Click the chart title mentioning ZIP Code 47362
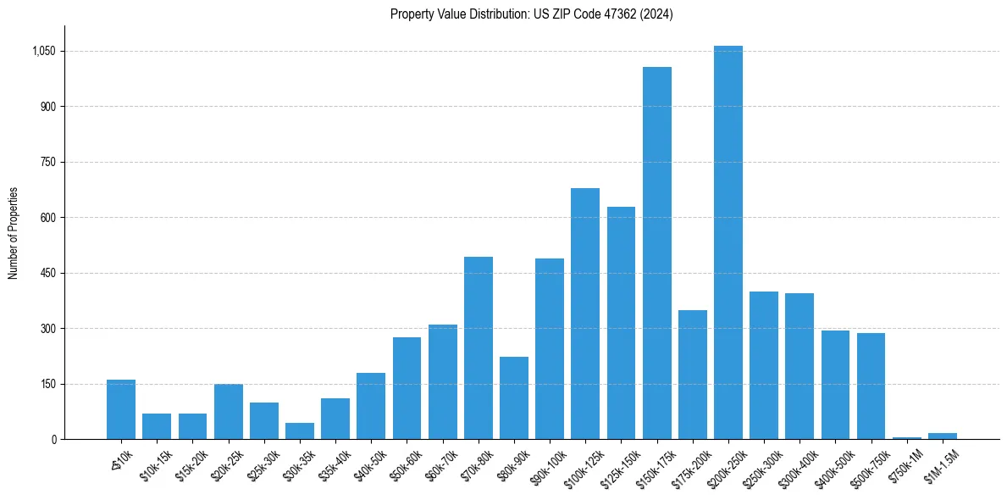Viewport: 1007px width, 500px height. (531, 14)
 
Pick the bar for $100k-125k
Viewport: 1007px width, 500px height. (585, 314)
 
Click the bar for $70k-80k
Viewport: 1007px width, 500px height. (479, 347)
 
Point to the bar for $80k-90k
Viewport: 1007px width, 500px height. (514, 397)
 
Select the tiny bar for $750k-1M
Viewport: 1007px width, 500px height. (907, 437)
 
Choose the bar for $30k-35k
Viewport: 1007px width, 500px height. (300, 431)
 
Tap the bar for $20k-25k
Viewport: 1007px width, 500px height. (229, 411)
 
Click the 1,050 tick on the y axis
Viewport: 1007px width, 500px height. (43, 51)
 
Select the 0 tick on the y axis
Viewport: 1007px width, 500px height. (53, 439)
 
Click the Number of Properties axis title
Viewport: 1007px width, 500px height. (13, 232)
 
